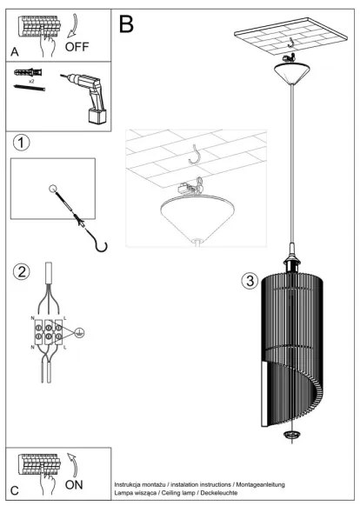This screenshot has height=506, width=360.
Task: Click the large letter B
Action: [126, 23]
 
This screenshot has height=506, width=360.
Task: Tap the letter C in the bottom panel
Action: [14, 489]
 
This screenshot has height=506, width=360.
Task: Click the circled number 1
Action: [22, 142]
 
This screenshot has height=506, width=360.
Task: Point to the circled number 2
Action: [22, 272]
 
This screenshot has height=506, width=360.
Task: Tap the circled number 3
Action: [249, 281]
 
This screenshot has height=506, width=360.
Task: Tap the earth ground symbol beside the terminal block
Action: [80, 331]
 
